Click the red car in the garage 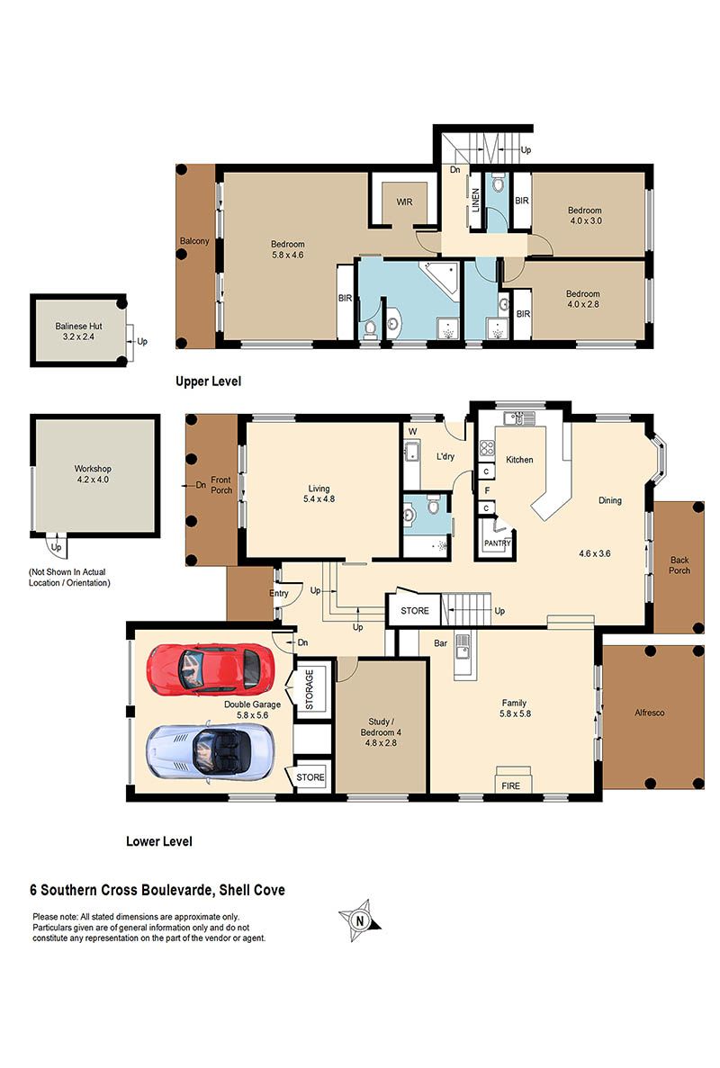coord(211,669)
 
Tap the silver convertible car coord(211,750)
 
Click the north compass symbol coord(360,920)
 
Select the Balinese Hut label coord(79,327)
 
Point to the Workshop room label coord(93,469)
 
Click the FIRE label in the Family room coord(511,785)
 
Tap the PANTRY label coord(498,543)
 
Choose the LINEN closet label coord(476,200)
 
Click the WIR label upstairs coord(405,202)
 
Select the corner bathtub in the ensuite coord(440,277)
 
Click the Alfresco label coord(649,713)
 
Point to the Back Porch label coord(679,565)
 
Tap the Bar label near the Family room coord(441,643)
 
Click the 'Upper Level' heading coord(209,381)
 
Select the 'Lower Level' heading coord(159,841)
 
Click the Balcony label coord(194,241)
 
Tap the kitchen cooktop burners coord(487,447)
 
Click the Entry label coord(279,593)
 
